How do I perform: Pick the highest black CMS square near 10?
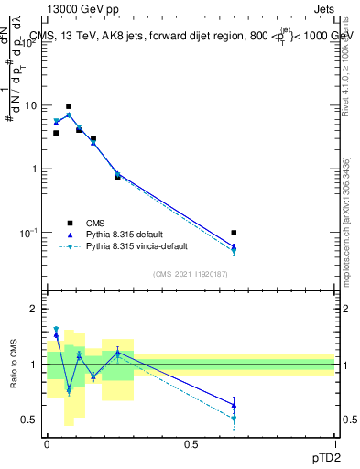69,106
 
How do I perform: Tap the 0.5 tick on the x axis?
191,444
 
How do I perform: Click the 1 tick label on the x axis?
335,444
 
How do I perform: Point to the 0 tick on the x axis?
47,444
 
